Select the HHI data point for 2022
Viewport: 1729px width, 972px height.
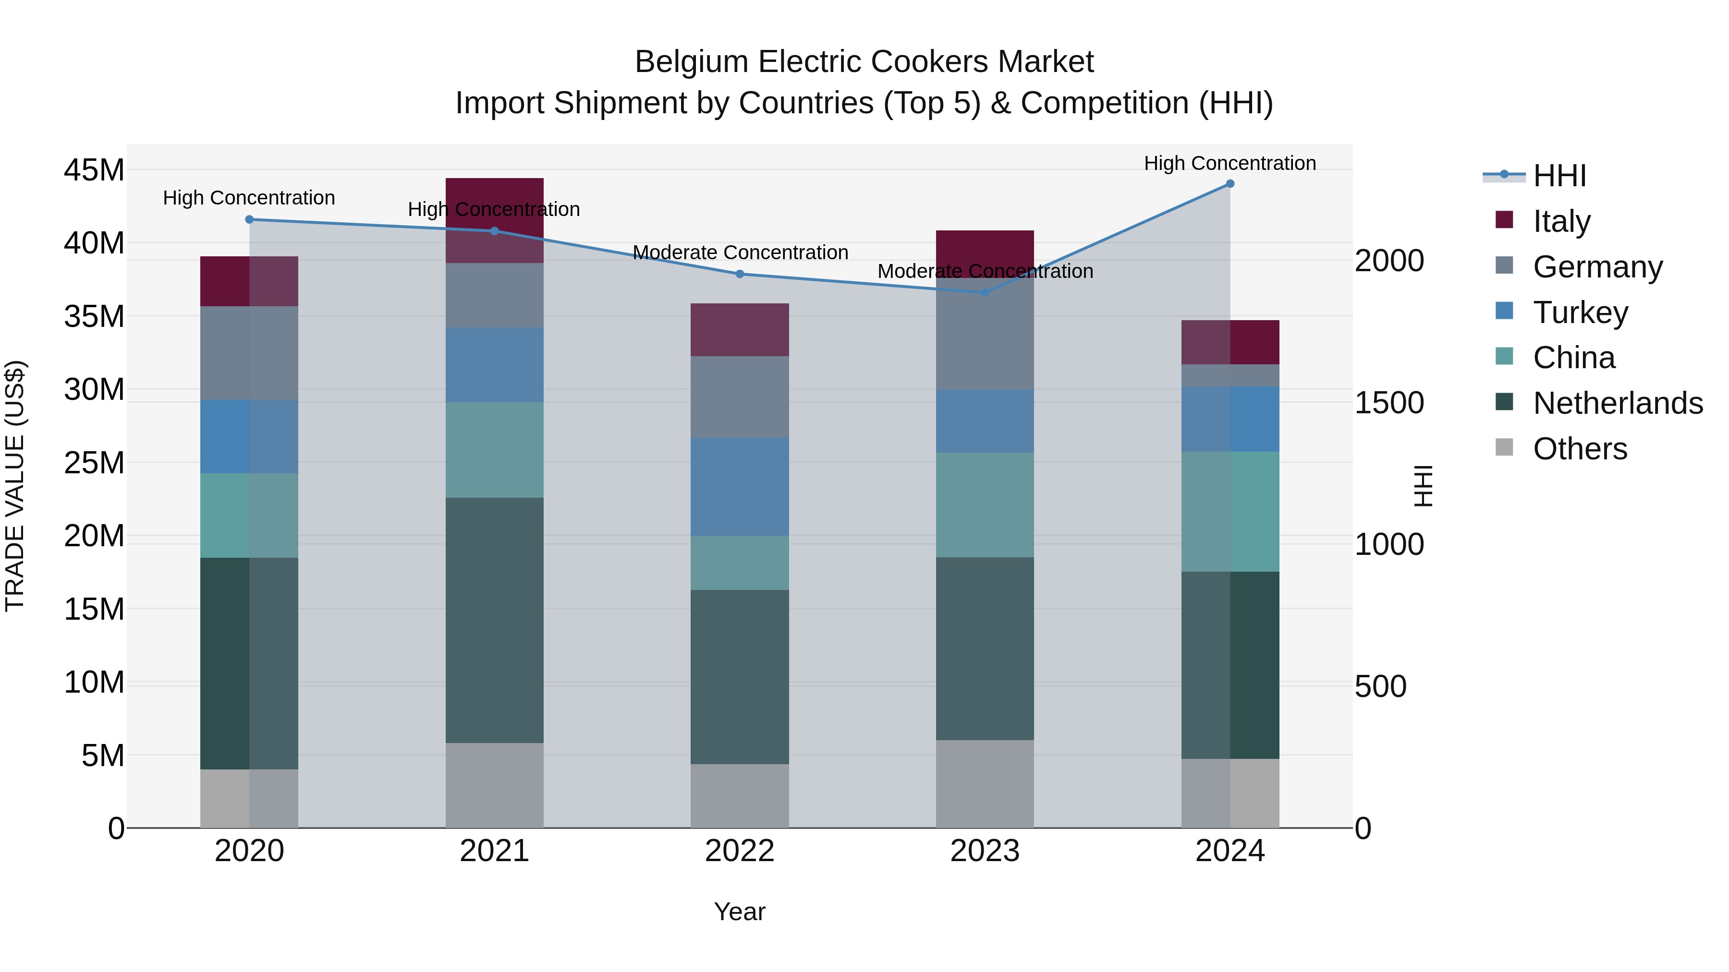(x=740, y=274)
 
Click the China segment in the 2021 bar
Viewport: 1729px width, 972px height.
(x=495, y=449)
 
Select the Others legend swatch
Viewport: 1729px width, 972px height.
(x=1504, y=447)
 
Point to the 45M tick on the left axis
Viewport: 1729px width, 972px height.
(x=94, y=170)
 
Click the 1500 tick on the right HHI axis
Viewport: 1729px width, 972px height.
(x=1388, y=403)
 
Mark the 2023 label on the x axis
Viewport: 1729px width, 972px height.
(x=985, y=851)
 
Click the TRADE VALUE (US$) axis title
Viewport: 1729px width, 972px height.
(x=15, y=486)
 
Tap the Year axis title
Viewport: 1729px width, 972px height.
(x=739, y=912)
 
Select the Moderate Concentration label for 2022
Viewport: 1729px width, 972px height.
(x=740, y=252)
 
